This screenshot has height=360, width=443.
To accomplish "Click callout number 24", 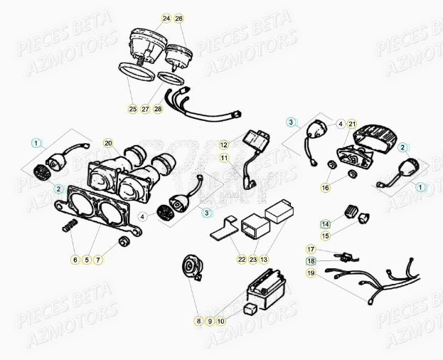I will point(166,17).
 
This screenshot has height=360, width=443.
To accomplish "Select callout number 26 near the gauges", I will point(178,17).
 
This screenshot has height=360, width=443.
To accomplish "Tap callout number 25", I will point(132,109).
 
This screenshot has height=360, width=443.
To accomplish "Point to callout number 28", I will point(158,109).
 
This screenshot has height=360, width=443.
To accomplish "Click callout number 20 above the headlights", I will point(108,144).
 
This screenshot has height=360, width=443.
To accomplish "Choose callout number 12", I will point(223,144).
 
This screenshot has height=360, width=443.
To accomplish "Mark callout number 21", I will point(352,124).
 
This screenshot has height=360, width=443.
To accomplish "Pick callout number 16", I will point(325,188).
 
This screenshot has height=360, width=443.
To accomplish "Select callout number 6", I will point(75,260).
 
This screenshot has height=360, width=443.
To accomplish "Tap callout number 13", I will point(265,260).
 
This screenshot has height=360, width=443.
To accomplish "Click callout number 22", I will point(242,260).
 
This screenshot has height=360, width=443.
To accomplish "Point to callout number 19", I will point(311,272).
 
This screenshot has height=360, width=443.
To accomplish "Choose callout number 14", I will point(325,223).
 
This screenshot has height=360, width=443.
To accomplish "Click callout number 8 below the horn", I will point(198,322).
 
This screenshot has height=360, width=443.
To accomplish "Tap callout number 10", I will point(221,322).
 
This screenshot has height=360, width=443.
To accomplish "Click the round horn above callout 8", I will point(191,268).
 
